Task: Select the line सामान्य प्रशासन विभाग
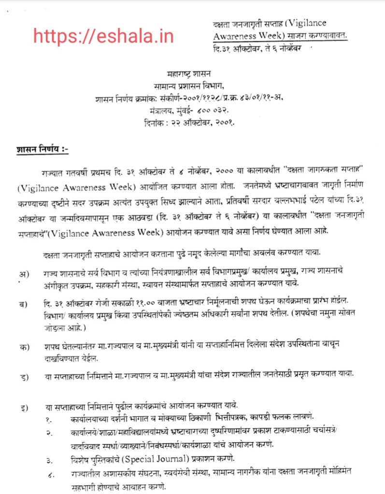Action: point(191,87)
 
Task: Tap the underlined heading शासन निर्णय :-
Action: point(43,150)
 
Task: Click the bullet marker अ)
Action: point(22,274)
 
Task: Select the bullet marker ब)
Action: point(22,303)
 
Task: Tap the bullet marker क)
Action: point(22,346)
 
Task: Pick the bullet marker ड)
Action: point(22,374)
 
